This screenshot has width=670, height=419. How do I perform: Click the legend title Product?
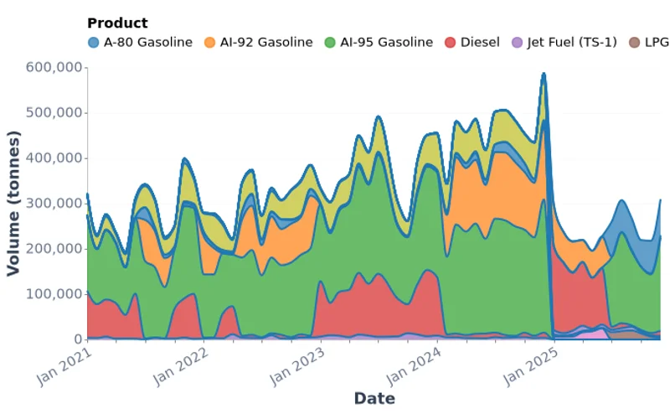click(117, 23)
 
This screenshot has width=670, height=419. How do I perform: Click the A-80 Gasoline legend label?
click(147, 42)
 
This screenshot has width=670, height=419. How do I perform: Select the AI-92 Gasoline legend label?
click(266, 42)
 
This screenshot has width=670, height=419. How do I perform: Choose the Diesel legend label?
click(480, 42)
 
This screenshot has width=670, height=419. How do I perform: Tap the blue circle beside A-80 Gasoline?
click(93, 42)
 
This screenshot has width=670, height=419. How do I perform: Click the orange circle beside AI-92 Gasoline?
click(209, 42)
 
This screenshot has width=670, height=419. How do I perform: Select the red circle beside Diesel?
click(451, 42)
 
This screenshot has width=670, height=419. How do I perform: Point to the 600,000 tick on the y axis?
click(54, 67)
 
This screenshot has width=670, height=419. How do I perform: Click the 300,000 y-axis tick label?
click(54, 204)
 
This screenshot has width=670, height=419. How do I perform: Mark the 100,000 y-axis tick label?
click(54, 294)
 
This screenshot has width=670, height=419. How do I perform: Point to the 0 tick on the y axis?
click(77, 339)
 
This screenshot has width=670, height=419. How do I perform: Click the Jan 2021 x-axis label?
click(64, 366)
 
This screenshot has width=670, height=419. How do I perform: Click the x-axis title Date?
click(374, 399)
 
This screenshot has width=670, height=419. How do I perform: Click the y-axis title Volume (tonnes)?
click(13, 203)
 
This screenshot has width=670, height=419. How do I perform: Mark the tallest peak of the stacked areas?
click(544, 74)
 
